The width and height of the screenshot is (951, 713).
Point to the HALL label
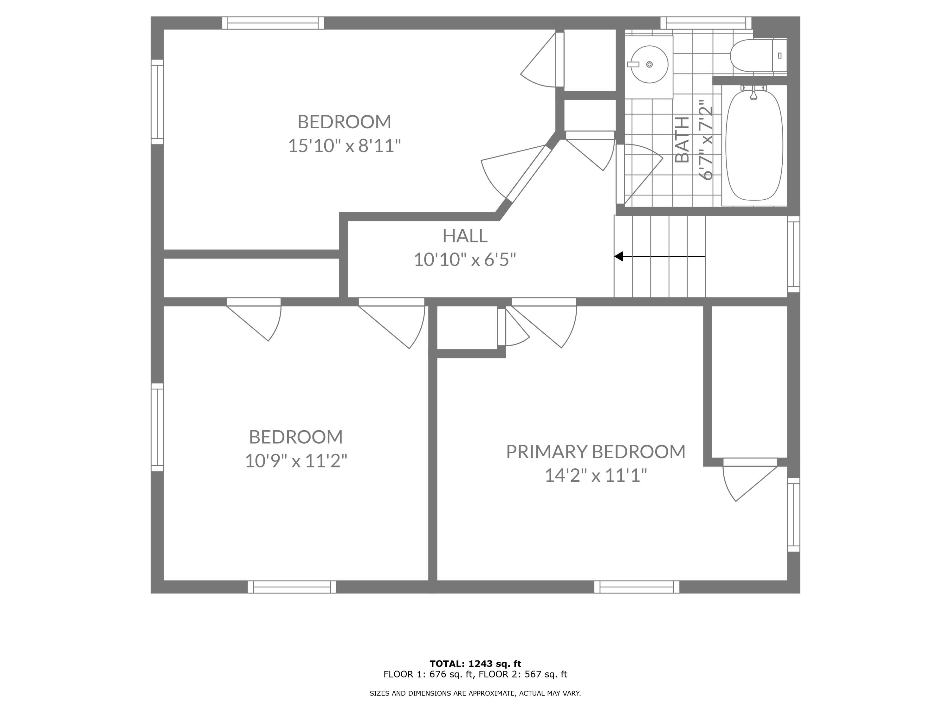465,235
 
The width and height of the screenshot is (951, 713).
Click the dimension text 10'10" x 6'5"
465,260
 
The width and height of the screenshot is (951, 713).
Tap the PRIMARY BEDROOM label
595,451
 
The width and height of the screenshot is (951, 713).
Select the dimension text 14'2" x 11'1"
595,475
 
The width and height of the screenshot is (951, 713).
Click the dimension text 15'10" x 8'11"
344,146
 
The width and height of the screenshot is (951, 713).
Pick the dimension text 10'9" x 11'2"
296,461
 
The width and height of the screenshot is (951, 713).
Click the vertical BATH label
682,140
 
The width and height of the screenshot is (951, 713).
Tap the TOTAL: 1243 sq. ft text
475,664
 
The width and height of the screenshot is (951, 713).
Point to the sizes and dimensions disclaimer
475,693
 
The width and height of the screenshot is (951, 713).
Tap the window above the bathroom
706,23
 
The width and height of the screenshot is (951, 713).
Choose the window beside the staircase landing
793,254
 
